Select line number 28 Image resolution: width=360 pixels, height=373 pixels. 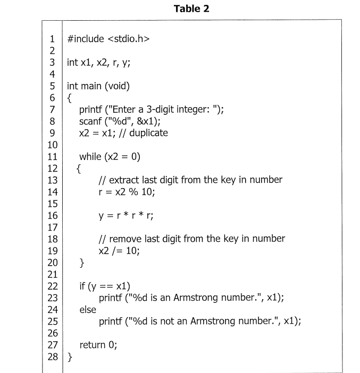tap(52, 356)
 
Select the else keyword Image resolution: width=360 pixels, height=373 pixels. tap(88, 309)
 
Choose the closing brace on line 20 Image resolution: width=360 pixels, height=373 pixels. tap(81, 262)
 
